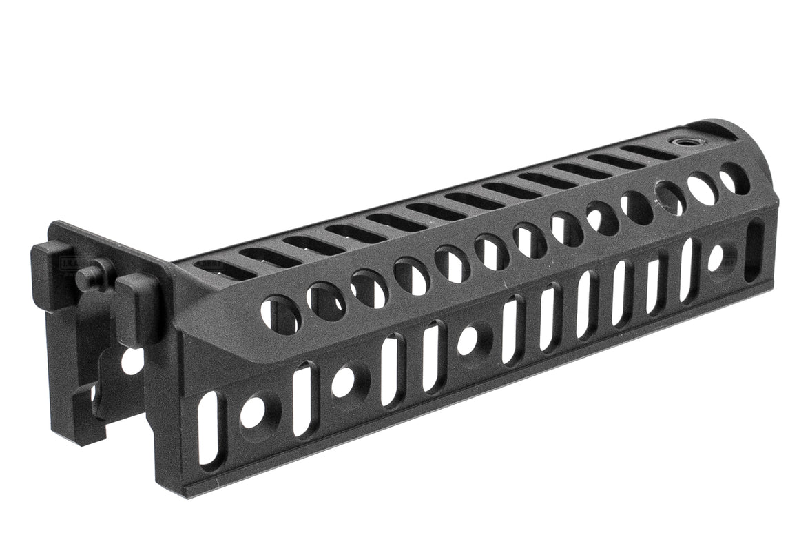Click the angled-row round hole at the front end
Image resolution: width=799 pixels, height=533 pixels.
[x=734, y=179]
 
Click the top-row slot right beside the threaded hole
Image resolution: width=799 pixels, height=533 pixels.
[x=647, y=152]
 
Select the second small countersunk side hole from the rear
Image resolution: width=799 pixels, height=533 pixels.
[x=344, y=382]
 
